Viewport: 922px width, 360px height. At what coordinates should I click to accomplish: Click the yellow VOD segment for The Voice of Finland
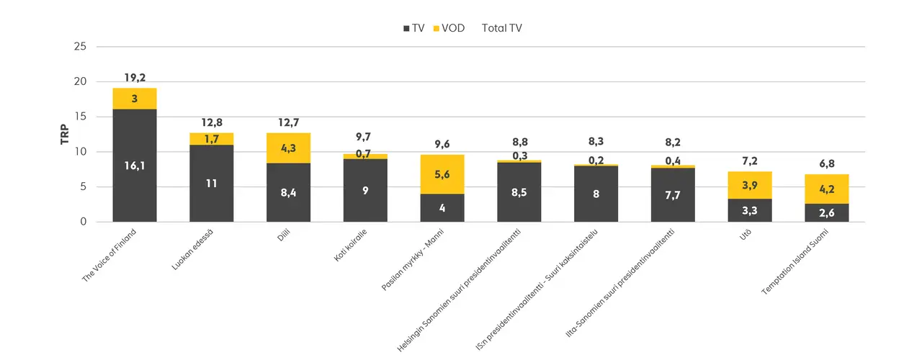point(135,99)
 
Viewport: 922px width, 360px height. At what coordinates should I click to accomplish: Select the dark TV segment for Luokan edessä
point(211,183)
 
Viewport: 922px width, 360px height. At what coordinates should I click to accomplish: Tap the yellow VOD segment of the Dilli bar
point(288,148)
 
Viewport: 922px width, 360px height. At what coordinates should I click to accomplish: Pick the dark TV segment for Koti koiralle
point(365,190)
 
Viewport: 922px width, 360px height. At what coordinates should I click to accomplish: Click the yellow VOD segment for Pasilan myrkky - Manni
point(442,174)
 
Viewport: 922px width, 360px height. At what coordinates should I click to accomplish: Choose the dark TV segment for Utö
point(750,210)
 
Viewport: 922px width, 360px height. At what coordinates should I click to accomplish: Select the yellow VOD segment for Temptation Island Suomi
point(827,189)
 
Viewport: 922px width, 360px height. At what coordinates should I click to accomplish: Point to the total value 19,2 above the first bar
point(135,78)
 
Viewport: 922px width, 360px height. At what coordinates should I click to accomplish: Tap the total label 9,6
point(442,143)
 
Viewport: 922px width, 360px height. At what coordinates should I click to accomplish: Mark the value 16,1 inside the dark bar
point(135,166)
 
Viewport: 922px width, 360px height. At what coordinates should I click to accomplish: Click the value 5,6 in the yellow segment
point(442,174)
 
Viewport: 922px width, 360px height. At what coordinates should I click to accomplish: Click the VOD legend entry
point(448,28)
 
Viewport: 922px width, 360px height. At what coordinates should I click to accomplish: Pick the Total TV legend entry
point(501,28)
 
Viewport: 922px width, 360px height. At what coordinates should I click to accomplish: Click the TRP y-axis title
point(65,135)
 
